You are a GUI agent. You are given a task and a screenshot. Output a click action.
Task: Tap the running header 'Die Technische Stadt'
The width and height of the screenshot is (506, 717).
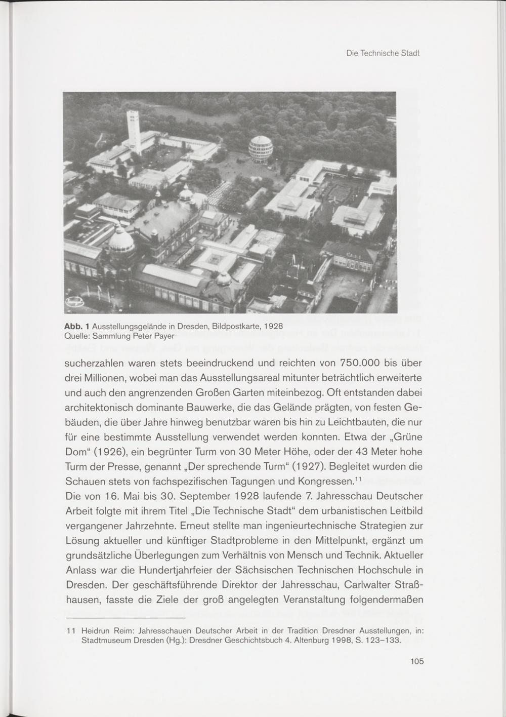[383, 53]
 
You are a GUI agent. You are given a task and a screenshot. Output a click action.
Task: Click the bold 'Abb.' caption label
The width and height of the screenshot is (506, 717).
[73, 326]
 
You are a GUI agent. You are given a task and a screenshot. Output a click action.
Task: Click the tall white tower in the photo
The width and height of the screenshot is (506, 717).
[134, 131]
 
